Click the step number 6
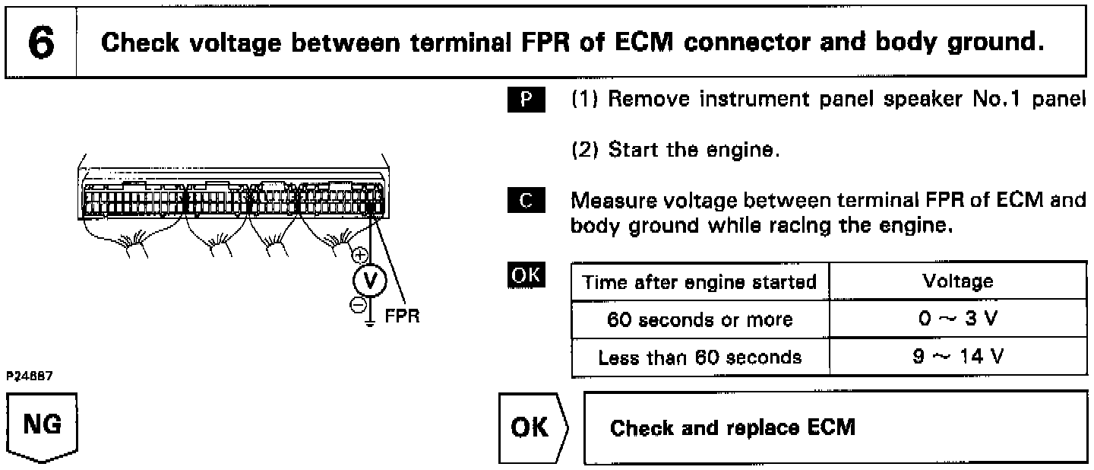coord(41,42)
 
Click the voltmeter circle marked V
coord(370,281)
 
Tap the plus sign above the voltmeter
coord(360,255)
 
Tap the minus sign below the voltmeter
coord(358,306)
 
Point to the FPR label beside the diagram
coord(402,316)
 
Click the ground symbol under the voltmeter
coord(370,322)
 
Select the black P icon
coord(526,100)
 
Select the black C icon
coord(526,200)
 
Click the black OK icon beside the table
coord(526,275)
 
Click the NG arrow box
coord(42,427)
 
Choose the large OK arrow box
coord(533,428)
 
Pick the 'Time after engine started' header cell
coord(700,281)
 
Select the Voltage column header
coord(958,281)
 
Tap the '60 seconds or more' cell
coord(700,319)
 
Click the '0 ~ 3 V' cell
coord(958,319)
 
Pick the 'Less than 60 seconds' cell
coord(700,357)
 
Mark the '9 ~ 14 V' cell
coord(958,357)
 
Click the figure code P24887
coord(30,376)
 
